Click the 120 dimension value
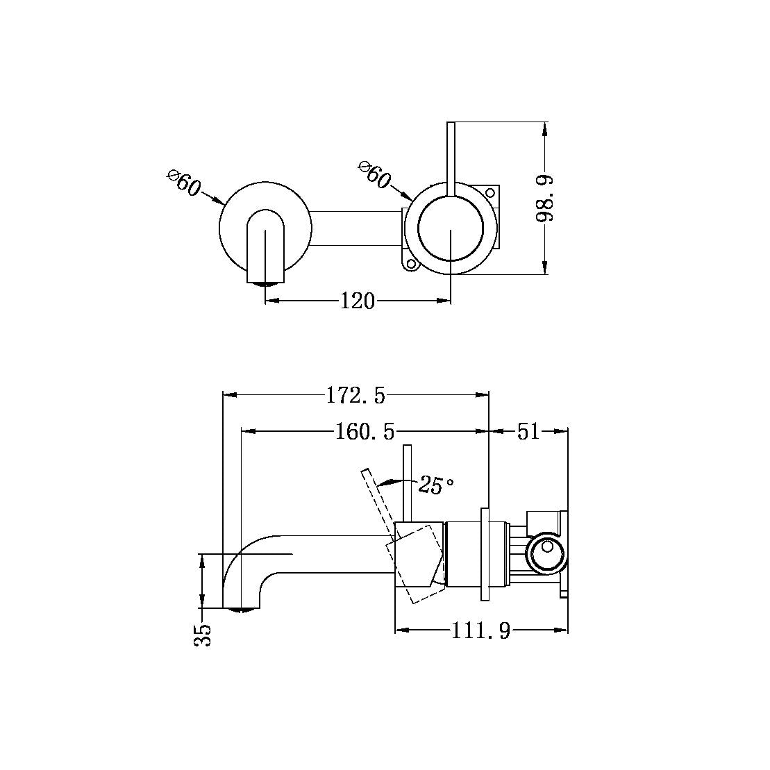(357, 301)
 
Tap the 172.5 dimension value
(355, 396)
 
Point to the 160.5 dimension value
(365, 432)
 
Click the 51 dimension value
(528, 432)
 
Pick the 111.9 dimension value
(481, 631)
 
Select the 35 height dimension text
(203, 635)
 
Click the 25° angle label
(436, 485)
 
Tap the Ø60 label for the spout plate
(185, 183)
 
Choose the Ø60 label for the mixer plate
(375, 174)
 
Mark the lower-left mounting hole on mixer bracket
(410, 264)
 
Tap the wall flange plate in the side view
(485, 555)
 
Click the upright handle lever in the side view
(408, 483)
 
